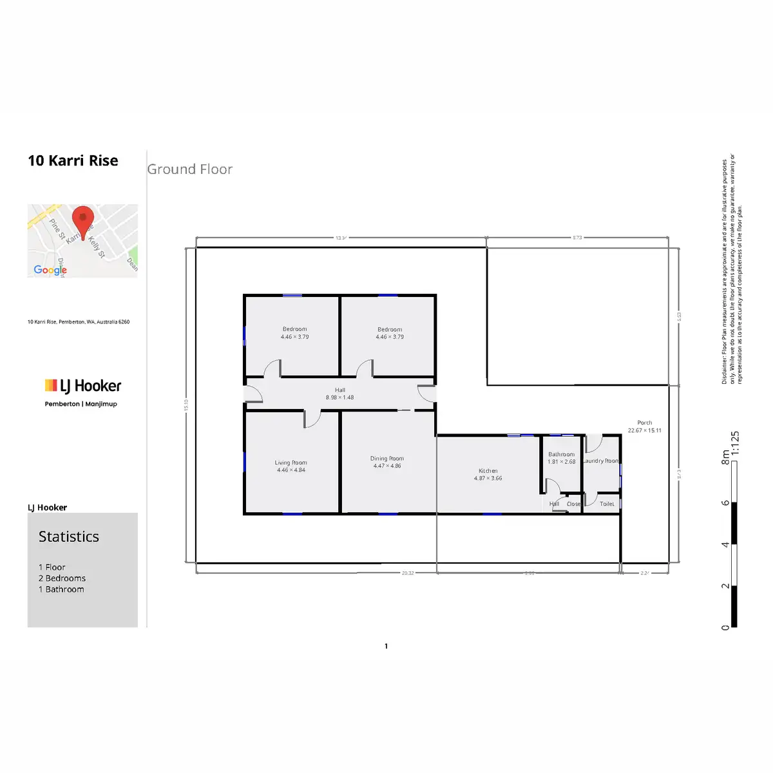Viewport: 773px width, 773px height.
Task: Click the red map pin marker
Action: point(82,221)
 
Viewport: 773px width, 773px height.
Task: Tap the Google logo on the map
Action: point(50,270)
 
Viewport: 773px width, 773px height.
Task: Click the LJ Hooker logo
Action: point(82,386)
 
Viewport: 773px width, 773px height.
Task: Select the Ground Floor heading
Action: point(189,169)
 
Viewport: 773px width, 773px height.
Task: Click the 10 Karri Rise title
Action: point(73,160)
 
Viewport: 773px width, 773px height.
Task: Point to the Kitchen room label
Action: point(488,471)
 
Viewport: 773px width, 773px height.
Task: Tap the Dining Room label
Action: point(387,459)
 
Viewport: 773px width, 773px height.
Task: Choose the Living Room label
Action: point(291,463)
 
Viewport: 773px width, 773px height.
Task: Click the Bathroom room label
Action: point(561,454)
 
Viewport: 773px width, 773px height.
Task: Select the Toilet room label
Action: point(607,504)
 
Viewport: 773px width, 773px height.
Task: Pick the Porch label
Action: point(644,423)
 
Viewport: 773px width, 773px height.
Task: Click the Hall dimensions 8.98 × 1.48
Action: point(339,397)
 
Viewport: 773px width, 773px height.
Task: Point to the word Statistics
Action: point(69,537)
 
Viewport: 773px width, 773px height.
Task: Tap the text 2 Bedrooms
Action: point(62,578)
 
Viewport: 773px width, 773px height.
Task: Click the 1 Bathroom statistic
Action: point(61,589)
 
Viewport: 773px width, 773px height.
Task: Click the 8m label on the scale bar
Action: point(725,457)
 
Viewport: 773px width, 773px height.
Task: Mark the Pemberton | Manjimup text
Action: point(81,404)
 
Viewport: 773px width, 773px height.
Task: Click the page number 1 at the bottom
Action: point(386,646)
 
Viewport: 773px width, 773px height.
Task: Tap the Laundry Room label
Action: point(601,461)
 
